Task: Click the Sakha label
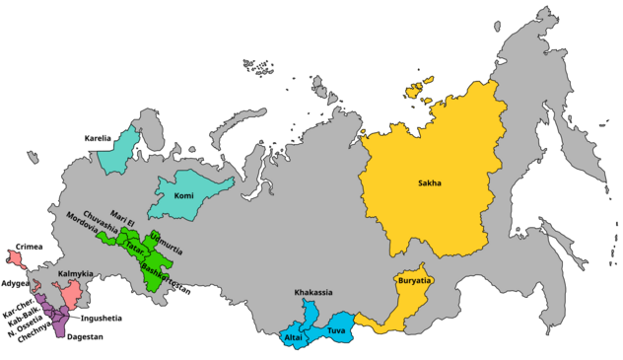(430, 182)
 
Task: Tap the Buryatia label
(414, 282)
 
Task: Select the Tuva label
(337, 330)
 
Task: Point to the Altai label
(293, 338)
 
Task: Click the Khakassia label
(312, 293)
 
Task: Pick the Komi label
(183, 195)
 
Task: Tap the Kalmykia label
(76, 272)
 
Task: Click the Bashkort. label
(157, 271)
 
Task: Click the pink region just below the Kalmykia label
(71, 294)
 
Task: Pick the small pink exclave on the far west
(15, 257)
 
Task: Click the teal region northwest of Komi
(120, 150)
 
